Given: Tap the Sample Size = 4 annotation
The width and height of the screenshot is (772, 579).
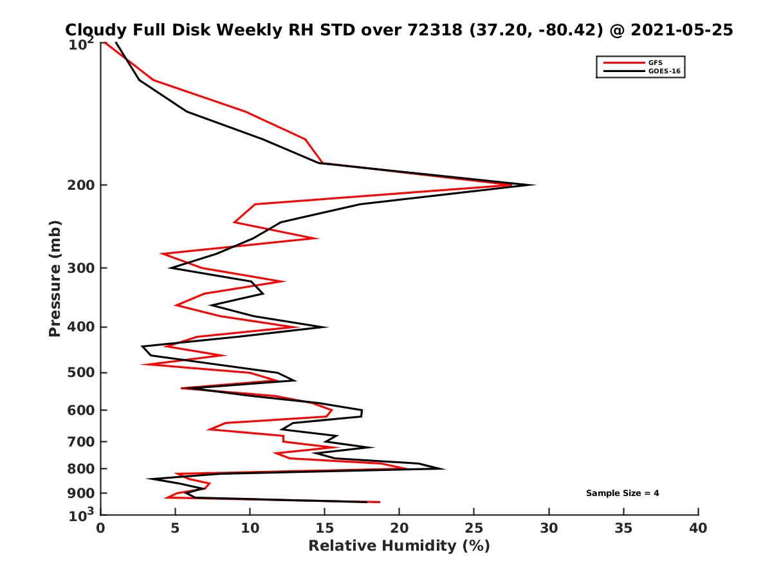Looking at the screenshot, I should pos(622,493).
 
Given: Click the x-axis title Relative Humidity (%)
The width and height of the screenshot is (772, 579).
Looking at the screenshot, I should pos(399,546).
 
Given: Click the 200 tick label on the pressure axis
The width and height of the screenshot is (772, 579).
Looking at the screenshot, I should pos(81,185).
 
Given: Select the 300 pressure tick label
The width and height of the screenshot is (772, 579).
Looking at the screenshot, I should pos(81,268).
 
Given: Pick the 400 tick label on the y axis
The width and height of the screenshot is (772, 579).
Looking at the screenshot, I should pos(81,327).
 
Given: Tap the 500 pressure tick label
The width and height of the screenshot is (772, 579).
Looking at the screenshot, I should pos(81,372).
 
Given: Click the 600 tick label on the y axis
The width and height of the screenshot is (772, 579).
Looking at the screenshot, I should pos(81,410).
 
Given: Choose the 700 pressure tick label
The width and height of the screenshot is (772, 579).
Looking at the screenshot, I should pos(81,441).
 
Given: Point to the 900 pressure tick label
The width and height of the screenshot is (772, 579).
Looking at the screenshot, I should pos(81,493).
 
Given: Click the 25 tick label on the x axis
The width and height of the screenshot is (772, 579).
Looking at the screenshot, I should pos(474,528).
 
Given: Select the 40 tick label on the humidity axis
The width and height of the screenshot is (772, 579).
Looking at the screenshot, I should pos(698,528).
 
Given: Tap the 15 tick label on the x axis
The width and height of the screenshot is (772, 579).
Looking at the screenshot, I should pos(325,528).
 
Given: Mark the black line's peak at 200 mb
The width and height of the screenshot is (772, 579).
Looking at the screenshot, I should pos(534,185).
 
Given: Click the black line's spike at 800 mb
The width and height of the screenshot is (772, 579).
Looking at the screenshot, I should pos(444,468).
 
